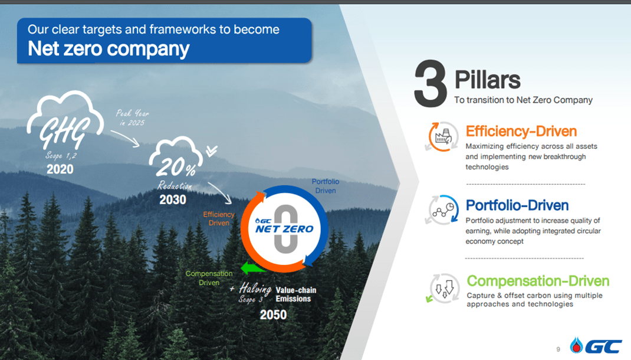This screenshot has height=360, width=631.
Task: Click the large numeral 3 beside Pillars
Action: point(430,83)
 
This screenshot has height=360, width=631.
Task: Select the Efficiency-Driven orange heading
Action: point(521,131)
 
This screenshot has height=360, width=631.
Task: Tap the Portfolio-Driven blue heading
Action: point(517,205)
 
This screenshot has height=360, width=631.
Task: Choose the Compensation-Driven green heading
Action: point(538,281)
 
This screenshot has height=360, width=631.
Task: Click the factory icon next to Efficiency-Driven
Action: point(442,136)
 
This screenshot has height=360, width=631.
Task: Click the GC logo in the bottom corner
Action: point(596,345)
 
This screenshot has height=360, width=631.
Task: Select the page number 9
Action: point(558,349)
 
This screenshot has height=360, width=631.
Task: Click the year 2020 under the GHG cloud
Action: point(60,169)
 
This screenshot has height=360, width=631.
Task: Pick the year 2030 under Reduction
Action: point(173,199)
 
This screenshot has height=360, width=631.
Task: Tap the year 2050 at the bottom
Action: point(273,315)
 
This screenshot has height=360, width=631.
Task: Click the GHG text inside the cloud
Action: point(64,131)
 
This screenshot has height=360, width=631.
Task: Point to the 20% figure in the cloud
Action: point(176,166)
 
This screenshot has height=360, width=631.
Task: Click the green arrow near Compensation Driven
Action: point(254,268)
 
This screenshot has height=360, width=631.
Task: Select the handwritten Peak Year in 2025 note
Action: point(133,118)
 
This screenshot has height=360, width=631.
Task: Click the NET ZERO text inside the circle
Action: point(284,229)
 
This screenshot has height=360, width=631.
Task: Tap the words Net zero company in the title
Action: point(109,49)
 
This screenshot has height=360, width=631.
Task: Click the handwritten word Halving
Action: point(255,289)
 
